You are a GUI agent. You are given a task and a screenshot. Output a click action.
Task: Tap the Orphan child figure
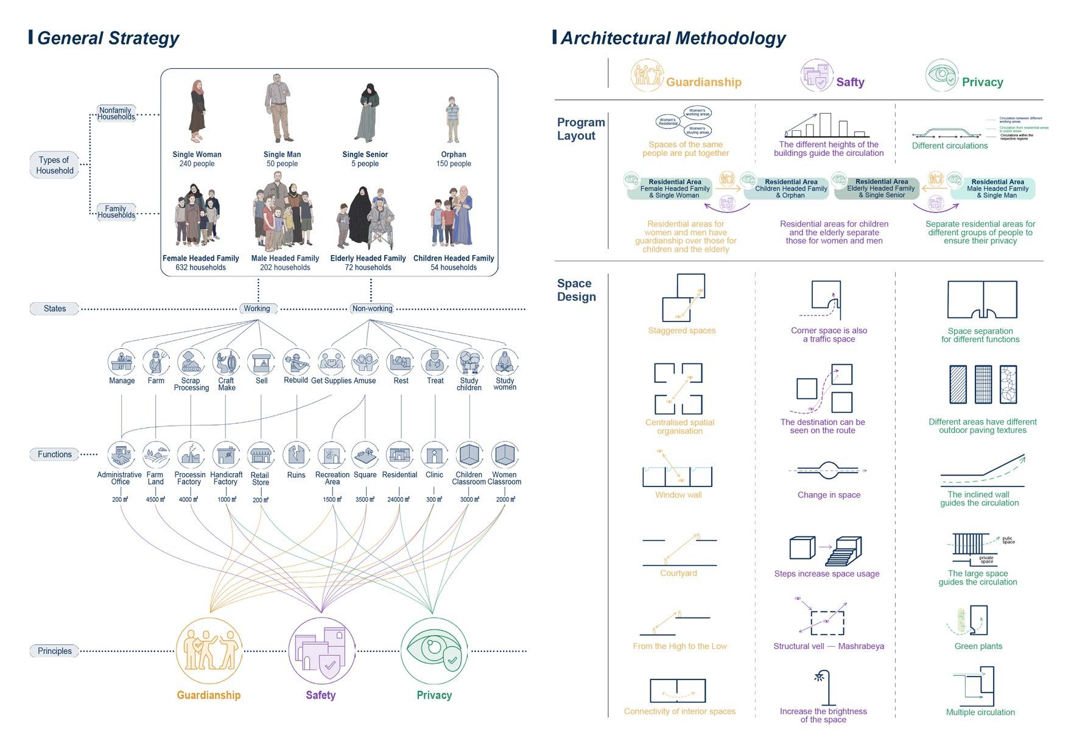(452, 119)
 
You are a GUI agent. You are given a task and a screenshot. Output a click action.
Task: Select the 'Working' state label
(257, 309)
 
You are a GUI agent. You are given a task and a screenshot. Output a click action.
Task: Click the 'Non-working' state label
(372, 309)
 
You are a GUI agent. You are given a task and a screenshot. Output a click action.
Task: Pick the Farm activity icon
(156, 362)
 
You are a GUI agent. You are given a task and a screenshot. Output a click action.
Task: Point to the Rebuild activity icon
(296, 362)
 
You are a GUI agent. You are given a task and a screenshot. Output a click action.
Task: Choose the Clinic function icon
(435, 455)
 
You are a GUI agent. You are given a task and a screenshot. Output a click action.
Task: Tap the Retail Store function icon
(261, 455)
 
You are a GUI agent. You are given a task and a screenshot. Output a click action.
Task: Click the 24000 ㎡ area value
(399, 500)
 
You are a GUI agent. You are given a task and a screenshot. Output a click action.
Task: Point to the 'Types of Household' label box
(54, 165)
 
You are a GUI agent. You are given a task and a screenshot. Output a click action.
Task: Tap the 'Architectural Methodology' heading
(673, 38)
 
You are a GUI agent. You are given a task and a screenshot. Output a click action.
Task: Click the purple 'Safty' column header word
(850, 82)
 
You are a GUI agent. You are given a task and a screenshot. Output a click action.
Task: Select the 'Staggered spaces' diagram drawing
(683, 298)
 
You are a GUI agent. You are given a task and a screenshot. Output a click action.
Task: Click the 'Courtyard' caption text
(678, 574)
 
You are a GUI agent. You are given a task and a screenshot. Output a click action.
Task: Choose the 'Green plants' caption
(978, 647)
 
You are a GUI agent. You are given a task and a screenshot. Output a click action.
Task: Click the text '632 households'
(200, 267)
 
